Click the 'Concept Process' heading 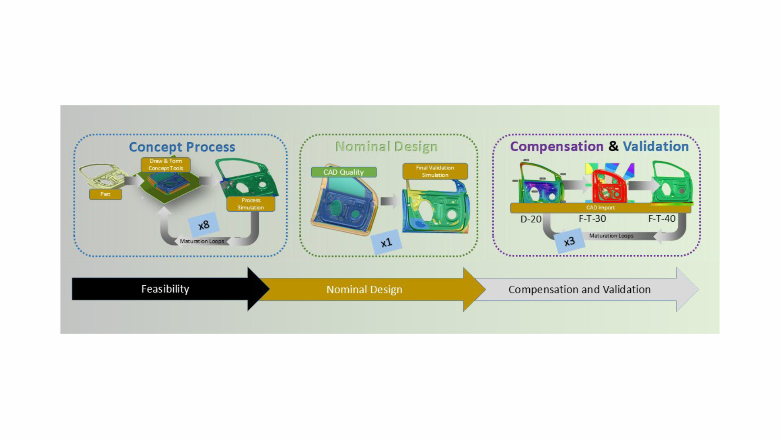click(182, 147)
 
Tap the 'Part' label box click(105, 194)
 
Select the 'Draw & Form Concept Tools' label click(165, 165)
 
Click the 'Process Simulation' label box click(251, 204)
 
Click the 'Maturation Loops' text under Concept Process click(202, 241)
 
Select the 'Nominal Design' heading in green click(387, 146)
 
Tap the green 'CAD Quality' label click(344, 172)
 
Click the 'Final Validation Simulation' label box click(435, 171)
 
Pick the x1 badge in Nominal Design click(386, 243)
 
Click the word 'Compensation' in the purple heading click(557, 147)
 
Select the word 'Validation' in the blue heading click(656, 146)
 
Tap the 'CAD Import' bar click(601, 208)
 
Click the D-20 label click(531, 219)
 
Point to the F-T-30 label click(592, 219)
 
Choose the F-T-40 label click(662, 219)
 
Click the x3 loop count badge click(569, 241)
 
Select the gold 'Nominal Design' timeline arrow click(370, 290)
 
